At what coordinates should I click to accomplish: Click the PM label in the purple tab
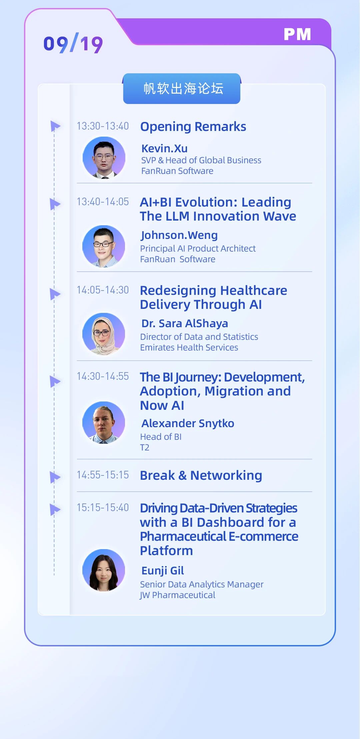click(297, 34)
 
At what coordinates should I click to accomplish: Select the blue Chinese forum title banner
click(182, 89)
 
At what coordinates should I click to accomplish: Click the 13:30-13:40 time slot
click(103, 126)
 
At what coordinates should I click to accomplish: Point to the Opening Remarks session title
click(193, 127)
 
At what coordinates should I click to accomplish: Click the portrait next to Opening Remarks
click(104, 158)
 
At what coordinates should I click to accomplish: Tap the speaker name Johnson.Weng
click(179, 235)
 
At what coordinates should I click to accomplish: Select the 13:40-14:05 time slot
click(103, 202)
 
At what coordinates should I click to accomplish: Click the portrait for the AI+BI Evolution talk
click(104, 246)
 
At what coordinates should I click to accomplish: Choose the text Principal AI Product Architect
click(198, 249)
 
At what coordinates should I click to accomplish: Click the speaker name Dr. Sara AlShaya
click(185, 324)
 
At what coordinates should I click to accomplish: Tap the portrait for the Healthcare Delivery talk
click(104, 334)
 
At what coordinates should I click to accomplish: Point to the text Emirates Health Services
click(189, 348)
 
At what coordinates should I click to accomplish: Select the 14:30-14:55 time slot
click(103, 376)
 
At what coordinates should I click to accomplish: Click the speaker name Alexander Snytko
click(188, 423)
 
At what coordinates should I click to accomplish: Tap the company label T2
click(145, 447)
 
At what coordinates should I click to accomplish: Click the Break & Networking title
click(201, 475)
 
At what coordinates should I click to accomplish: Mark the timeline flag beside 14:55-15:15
click(55, 477)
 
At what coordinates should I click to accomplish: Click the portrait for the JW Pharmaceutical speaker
click(104, 570)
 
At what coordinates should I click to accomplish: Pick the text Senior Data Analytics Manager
click(202, 584)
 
